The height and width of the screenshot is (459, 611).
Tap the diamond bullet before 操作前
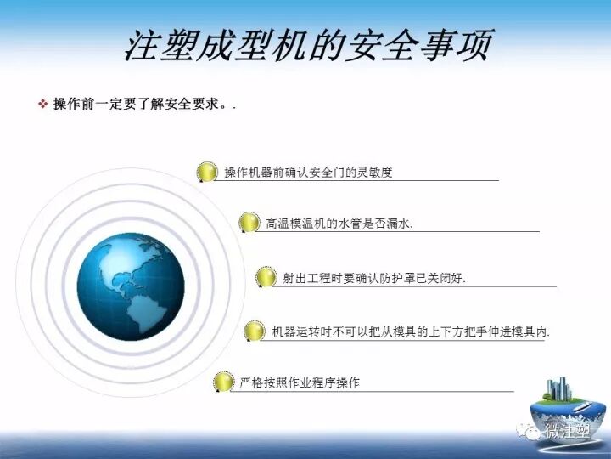tap(42, 104)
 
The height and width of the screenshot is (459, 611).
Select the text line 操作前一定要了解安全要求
tap(140, 104)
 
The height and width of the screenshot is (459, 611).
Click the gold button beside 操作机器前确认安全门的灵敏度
tap(206, 172)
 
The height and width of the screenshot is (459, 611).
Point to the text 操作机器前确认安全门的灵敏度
tap(308, 172)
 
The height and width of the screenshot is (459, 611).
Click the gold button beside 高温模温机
tap(249, 223)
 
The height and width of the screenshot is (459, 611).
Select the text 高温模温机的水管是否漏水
tap(339, 223)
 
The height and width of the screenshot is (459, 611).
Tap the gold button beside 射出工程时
tap(266, 277)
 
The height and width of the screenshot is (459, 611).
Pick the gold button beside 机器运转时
tap(254, 331)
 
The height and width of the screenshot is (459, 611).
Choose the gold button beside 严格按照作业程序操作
tap(222, 382)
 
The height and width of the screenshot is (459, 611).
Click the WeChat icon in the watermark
tap(532, 431)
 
